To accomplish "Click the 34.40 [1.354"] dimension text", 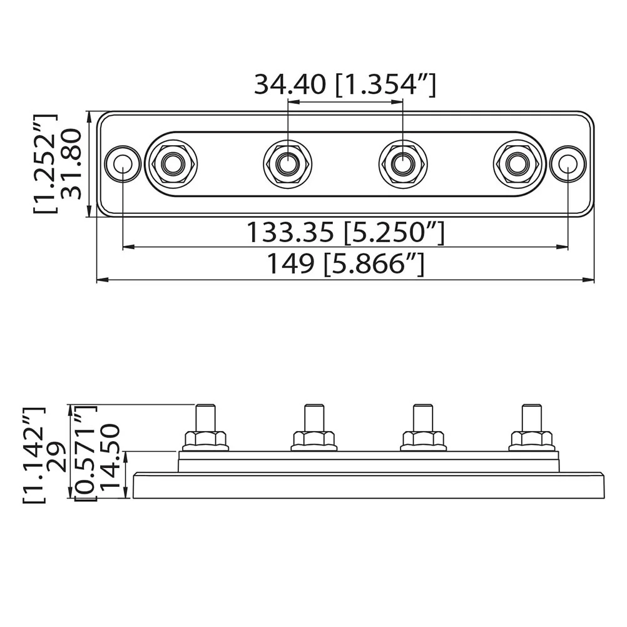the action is point(345,84).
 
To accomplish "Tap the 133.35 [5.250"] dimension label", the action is point(345,232).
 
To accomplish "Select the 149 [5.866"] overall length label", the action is point(345,264).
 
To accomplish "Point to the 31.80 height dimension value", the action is point(71,163).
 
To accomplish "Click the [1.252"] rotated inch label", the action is point(45,163).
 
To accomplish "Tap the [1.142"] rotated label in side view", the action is point(34,455).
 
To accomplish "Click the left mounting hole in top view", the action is point(123,163).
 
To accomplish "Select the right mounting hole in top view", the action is point(568,164).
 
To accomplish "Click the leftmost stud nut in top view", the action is point(171,163).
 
